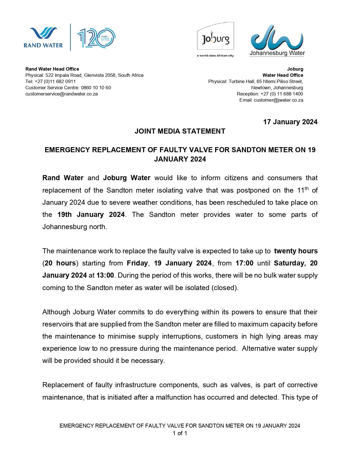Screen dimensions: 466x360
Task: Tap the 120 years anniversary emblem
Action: pos(96,38)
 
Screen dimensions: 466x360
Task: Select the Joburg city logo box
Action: pos(215,36)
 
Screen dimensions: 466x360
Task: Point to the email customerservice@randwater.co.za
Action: pos(62,94)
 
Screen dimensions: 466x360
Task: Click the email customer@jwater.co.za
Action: pos(278,100)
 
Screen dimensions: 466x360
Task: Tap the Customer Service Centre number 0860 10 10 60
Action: pos(96,88)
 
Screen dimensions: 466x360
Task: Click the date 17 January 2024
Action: pos(290,122)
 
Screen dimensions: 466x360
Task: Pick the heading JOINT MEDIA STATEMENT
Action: pos(180,131)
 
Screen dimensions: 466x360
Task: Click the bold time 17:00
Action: pos(245,263)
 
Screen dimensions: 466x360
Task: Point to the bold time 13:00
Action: pos(105,275)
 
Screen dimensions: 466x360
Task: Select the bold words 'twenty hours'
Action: pos(296,251)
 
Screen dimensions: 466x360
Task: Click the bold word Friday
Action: pos(137,263)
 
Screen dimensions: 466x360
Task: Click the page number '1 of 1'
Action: pos(180,433)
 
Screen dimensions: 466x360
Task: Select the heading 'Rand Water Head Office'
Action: pos(52,69)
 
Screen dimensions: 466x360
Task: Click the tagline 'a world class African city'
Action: pos(215,56)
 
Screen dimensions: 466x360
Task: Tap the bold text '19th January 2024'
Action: pos(91,215)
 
